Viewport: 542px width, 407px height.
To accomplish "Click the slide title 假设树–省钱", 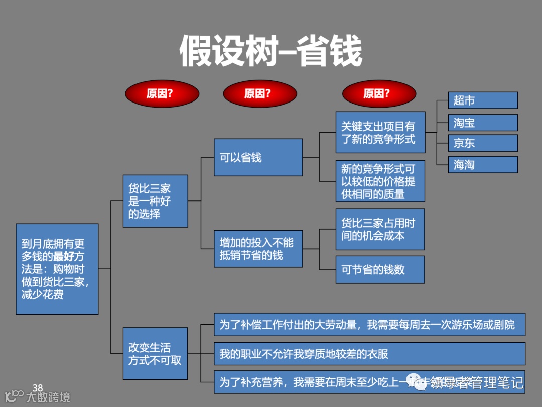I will (x=271, y=51).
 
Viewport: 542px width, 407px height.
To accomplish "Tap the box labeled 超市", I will (x=483, y=100).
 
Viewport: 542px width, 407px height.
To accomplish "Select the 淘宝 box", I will (x=483, y=123).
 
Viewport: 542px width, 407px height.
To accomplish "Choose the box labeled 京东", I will (x=483, y=143).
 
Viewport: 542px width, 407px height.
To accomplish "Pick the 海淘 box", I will (x=483, y=164).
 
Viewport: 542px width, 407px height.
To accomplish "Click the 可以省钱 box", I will (x=258, y=157).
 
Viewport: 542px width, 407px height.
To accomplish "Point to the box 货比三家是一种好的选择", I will (x=155, y=201).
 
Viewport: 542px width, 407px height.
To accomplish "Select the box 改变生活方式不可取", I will (x=155, y=354).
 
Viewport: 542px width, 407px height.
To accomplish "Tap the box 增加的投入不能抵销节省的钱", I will (x=258, y=249).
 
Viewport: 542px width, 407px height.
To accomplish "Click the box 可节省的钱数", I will (x=380, y=269).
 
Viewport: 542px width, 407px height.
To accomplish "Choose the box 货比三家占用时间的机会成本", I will (x=380, y=229).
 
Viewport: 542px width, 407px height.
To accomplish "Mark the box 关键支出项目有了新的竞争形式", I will (x=380, y=132).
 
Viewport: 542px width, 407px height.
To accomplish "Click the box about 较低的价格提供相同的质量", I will (x=380, y=181).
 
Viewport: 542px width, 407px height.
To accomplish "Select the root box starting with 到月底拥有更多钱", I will (x=57, y=269).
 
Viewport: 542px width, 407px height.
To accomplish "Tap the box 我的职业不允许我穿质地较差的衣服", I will (x=369, y=354).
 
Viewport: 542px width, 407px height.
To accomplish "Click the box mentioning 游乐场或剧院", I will (x=369, y=325).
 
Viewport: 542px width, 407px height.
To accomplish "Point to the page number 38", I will (x=38, y=387).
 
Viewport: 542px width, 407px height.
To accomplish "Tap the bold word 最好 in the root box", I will (x=64, y=257).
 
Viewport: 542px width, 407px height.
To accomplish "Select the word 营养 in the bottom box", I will (x=273, y=382).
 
